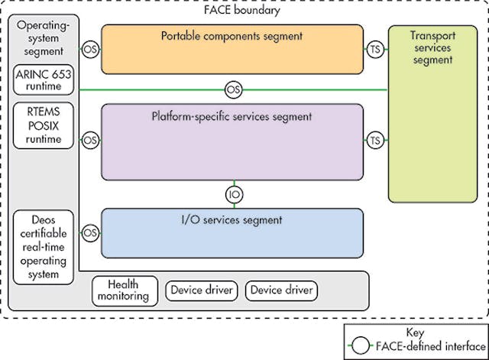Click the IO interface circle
[x=235, y=194]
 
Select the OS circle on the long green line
[x=234, y=90]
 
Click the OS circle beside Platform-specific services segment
[x=91, y=141]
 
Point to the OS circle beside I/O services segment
[x=91, y=232]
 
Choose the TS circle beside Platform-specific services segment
[x=374, y=141]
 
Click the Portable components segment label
[x=232, y=35]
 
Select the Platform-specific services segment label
[x=232, y=117]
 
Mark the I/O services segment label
[x=232, y=220]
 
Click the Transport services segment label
[x=432, y=47]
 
